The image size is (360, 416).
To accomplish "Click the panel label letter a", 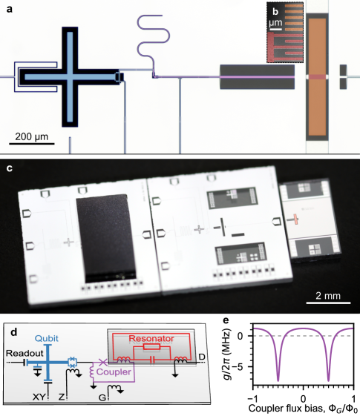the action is tap(10, 10).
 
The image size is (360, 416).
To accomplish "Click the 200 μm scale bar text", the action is tap(32, 136).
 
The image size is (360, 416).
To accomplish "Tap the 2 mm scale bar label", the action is tap(328, 296).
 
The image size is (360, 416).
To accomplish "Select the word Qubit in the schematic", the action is tap(47, 339).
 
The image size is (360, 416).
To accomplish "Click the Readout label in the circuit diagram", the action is tap(24, 354).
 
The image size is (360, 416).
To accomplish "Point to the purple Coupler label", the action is tap(114, 372).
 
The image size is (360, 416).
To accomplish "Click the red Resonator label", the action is tap(151, 339).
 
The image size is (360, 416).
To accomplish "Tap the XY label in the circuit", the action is tap(39, 397).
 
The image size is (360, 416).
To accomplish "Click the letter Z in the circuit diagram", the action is tap(62, 397).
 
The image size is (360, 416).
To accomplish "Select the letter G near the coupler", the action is tap(102, 397).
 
